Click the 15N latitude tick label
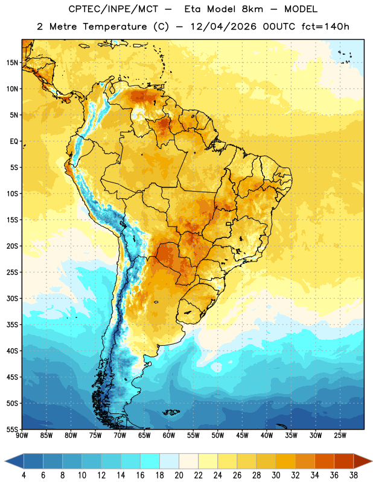click(12, 63)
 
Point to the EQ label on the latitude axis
click(14, 142)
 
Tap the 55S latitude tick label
click(12, 429)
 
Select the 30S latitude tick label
click(12, 298)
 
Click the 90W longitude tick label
click(22, 436)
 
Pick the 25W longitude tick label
click(340, 436)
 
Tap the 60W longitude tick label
click(169, 436)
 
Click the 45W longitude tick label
click(243, 436)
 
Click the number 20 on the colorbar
click(179, 475)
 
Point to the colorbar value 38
click(354, 475)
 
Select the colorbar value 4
click(24, 475)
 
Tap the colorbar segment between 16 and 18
click(150, 461)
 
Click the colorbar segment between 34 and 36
click(324, 461)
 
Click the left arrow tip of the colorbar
click(5, 461)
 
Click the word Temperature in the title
click(115, 27)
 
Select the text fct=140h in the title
click(325, 27)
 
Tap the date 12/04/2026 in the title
click(223, 27)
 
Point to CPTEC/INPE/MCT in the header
click(113, 9)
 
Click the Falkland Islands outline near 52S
click(171, 412)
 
